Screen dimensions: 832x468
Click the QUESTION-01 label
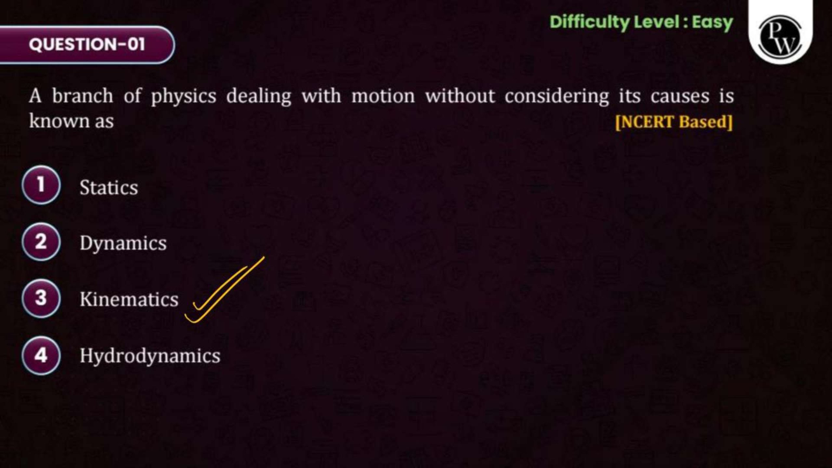tap(87, 44)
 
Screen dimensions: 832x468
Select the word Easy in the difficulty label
tap(712, 23)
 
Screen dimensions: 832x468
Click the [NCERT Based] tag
tap(674, 122)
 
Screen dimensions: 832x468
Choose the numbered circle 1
tap(41, 185)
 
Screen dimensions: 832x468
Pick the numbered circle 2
tap(41, 242)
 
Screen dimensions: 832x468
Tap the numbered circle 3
tap(41, 298)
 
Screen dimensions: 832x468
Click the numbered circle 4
tap(41, 355)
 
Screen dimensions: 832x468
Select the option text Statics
tap(109, 188)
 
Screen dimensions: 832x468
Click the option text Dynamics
tap(123, 244)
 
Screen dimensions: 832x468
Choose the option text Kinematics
tap(129, 299)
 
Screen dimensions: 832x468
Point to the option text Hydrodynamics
tap(150, 356)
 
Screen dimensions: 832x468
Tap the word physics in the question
tap(184, 97)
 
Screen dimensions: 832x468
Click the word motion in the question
tap(383, 96)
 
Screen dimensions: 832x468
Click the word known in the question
tap(59, 121)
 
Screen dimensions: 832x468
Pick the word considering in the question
tap(556, 97)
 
